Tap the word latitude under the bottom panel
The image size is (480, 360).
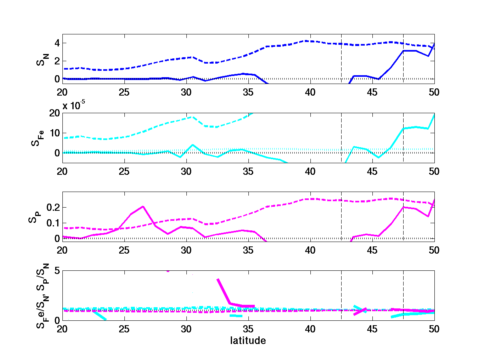click(x=248, y=341)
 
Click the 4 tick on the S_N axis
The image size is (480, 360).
click(x=57, y=43)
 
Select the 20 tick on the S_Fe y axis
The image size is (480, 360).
click(x=55, y=113)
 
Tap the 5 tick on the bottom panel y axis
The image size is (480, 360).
click(x=57, y=271)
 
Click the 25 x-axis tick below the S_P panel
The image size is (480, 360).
click(x=124, y=250)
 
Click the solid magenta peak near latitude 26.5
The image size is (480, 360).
click(x=143, y=206)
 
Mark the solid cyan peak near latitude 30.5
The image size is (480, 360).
click(x=192, y=145)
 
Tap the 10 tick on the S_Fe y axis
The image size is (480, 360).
click(x=55, y=133)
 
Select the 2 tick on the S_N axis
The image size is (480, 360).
click(x=57, y=61)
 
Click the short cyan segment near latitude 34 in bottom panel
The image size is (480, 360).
click(x=236, y=316)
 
